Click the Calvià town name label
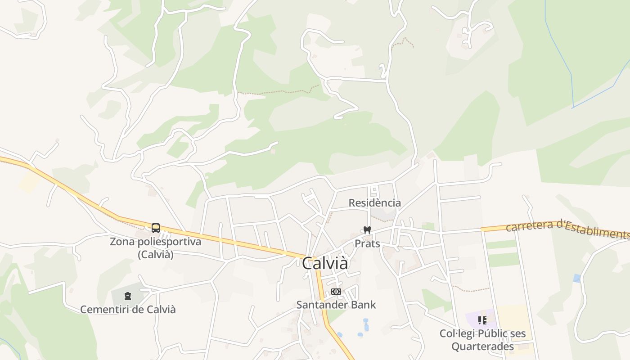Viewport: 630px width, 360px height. (324, 264)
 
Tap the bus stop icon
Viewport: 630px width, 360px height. (156, 228)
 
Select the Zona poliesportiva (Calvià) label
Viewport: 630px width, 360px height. (155, 248)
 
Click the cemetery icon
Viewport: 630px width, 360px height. (128, 296)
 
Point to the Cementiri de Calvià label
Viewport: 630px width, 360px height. (128, 310)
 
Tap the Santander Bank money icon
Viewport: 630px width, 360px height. (336, 292)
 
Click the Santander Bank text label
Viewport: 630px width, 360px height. (336, 305)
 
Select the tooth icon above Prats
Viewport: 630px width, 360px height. (367, 230)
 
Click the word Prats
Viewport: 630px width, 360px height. (367, 244)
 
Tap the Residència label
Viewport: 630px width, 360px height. (375, 203)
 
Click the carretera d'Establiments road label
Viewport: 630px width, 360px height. (567, 228)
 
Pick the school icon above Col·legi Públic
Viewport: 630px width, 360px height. (482, 320)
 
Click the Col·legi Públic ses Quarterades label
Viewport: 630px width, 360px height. (482, 340)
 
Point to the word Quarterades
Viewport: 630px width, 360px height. (482, 347)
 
